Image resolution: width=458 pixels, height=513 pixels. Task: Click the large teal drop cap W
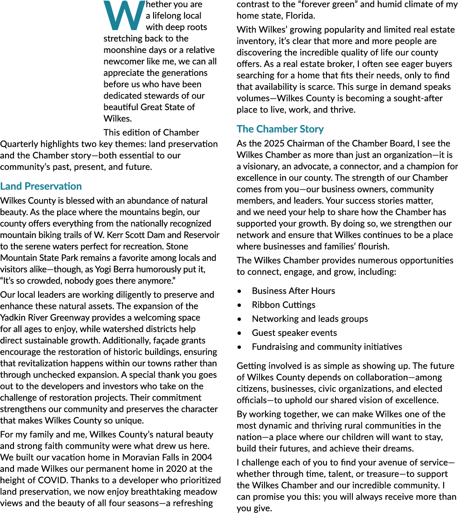[124, 15]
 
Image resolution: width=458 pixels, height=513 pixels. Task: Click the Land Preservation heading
[41, 186]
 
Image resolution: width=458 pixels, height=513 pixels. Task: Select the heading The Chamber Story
[280, 129]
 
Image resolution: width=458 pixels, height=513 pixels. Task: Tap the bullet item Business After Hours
[293, 291]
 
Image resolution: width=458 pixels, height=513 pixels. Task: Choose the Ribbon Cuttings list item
[284, 305]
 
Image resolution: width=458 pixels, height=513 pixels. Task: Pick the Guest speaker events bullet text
[294, 333]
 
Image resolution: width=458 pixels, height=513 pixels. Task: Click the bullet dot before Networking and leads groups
[239, 319]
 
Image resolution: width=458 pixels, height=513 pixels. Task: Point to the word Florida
[300, 16]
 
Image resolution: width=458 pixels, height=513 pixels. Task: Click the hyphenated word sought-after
[418, 98]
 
